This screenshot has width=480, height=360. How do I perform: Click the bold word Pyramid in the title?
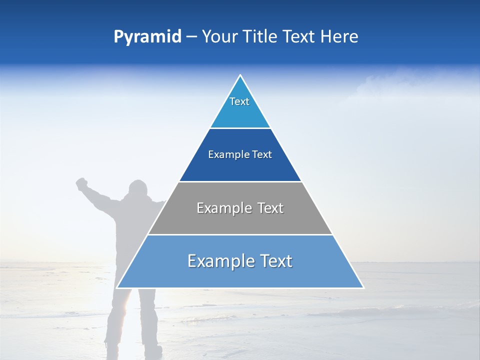tap(147, 37)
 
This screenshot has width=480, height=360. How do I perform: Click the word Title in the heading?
tap(260, 37)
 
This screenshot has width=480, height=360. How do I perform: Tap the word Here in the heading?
tap(339, 37)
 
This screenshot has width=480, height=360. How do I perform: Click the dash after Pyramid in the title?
tap(191, 37)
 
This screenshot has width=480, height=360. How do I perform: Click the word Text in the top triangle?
tap(239, 101)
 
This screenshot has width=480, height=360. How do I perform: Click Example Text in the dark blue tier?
tap(240, 154)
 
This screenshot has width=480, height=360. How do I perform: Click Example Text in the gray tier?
tap(240, 208)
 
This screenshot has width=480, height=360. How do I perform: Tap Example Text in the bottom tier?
tap(240, 261)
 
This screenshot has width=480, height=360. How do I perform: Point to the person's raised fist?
tap(80, 183)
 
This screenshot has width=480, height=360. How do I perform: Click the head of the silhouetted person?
tap(138, 190)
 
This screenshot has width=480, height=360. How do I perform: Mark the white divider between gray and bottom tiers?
tap(240, 234)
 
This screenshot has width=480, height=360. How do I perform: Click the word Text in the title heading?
tap(299, 37)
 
